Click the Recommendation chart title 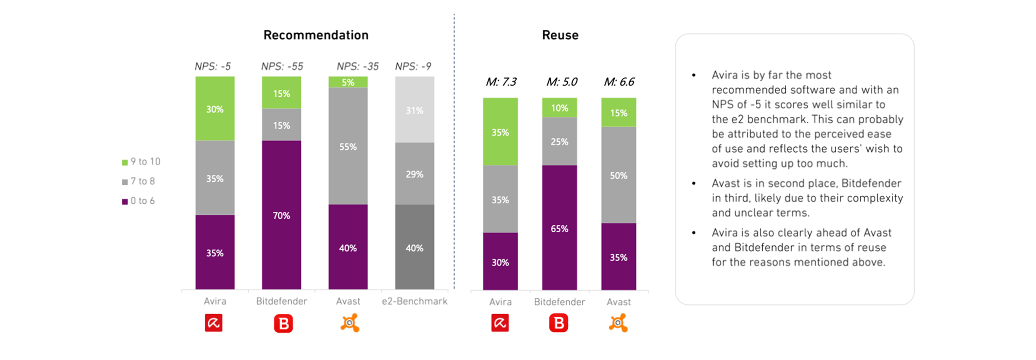coord(316,35)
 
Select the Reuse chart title coord(560,35)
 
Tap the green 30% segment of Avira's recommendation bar coord(215,109)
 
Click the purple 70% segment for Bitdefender coord(281,215)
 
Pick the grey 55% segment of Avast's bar coord(348,146)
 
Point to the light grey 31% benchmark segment coord(414,110)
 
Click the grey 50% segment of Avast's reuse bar coord(619,175)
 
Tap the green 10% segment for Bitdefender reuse coord(559,108)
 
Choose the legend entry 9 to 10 coord(141,162)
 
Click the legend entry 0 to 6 coord(139,201)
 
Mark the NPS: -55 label coord(282,66)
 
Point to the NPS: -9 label coord(413,66)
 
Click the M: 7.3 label coord(501,82)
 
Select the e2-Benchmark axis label coord(414,301)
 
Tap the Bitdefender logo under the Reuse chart coord(559,323)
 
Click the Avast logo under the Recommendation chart coord(350,323)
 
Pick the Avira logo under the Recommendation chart coord(214,323)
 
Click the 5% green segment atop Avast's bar coord(348,82)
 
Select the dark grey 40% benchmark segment coord(414,247)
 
